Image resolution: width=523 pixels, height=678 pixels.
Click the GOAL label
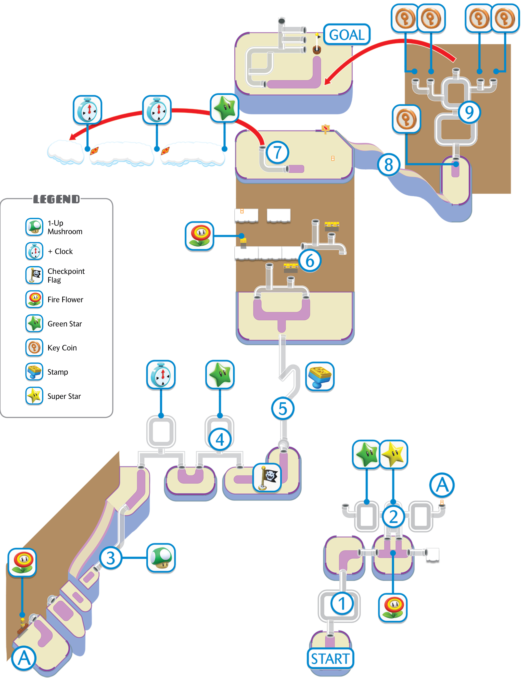point(347,34)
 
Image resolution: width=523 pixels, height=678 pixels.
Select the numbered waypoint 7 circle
point(277,153)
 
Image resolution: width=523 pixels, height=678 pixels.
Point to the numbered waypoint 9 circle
point(469,112)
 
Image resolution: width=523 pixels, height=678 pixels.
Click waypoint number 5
point(283,409)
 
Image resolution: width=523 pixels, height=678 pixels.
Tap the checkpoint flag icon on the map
point(267,477)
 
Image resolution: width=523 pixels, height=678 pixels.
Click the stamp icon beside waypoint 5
point(320,376)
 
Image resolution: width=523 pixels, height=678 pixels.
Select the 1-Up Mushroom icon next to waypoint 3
point(161,558)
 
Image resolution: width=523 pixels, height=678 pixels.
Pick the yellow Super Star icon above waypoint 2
point(393,454)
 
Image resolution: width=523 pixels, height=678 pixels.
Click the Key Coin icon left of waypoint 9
point(406,119)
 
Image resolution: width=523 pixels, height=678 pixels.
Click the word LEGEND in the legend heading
point(57,199)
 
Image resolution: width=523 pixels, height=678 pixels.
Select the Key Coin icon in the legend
point(34,347)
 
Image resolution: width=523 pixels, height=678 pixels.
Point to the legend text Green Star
point(65,324)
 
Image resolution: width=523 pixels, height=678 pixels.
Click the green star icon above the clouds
point(224,108)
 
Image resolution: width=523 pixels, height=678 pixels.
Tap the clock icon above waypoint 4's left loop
point(161,375)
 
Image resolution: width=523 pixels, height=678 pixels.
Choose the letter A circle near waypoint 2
point(442,485)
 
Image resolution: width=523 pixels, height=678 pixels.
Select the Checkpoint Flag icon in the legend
point(34,275)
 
